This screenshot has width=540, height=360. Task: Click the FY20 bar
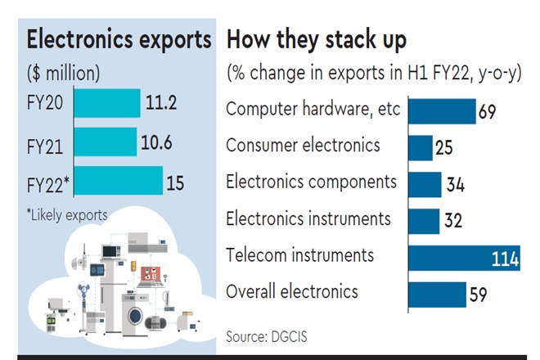pyautogui.click(x=106, y=104)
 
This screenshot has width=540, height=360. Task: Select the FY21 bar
pyautogui.click(x=105, y=142)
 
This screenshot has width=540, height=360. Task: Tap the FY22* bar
pyautogui.click(x=118, y=181)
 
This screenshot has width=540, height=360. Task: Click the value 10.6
pyautogui.click(x=156, y=142)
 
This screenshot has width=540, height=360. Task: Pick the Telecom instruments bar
pyautogui.click(x=463, y=258)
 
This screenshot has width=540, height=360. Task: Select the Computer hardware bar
pyautogui.click(x=441, y=110)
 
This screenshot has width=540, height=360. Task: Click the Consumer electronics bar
pyautogui.click(x=420, y=147)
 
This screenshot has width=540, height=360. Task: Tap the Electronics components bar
pyautogui.click(x=424, y=184)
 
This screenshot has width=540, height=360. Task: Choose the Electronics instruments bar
pyautogui.click(x=423, y=221)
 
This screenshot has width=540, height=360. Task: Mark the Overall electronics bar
pyautogui.click(x=436, y=294)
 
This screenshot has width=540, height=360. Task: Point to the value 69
pyautogui.click(x=488, y=111)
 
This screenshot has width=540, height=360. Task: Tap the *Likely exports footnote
pyautogui.click(x=67, y=215)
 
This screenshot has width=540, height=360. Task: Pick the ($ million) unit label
pyautogui.click(x=64, y=73)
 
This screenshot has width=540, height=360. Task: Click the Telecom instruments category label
pyautogui.click(x=300, y=255)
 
